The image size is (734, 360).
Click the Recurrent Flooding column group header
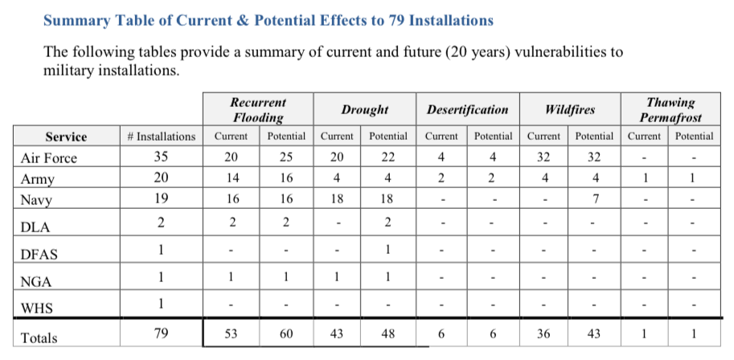258,109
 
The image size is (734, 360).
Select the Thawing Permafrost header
670,109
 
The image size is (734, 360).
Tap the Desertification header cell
467,110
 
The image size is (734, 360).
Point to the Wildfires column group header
570,110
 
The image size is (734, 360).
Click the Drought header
365,110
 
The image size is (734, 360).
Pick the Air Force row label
48,158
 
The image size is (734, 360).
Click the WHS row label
36,309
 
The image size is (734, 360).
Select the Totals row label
39,338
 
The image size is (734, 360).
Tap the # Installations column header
161,137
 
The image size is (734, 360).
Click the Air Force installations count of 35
161,157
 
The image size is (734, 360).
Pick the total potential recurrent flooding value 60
285,333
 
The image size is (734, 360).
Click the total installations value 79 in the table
161,333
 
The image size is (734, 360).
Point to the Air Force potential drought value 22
388,157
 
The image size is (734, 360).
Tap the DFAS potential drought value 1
388,250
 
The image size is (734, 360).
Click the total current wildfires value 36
543,333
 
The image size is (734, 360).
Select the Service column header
66,137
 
